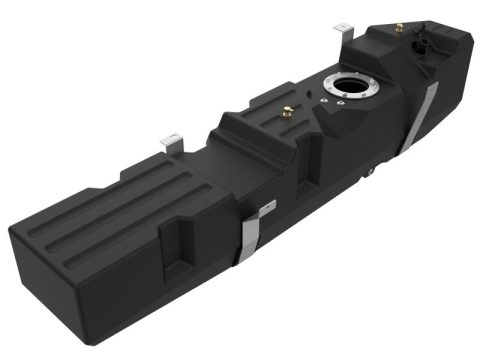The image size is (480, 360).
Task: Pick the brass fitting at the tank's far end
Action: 400,27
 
